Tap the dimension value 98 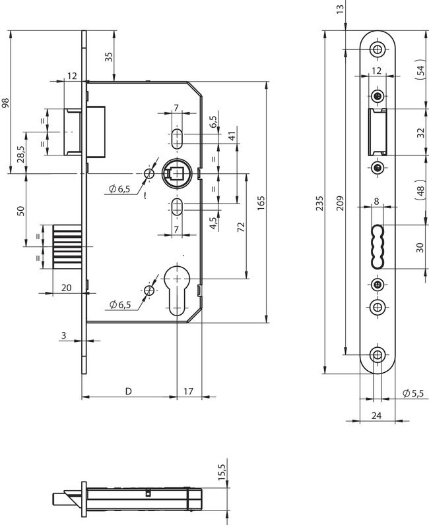6,103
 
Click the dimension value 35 109,57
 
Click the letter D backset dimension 129,391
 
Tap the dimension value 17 188,391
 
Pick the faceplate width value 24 376,415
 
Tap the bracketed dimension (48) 420,190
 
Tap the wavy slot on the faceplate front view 376,246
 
